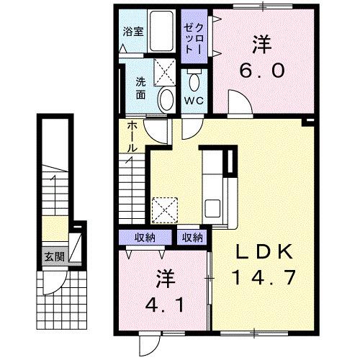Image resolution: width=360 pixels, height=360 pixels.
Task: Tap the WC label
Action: click(194, 100)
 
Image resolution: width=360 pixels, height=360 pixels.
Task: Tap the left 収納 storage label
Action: click(145, 238)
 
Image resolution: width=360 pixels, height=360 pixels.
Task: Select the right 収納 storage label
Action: click(191, 238)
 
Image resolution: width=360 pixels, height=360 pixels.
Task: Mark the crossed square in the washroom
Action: click(165, 72)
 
